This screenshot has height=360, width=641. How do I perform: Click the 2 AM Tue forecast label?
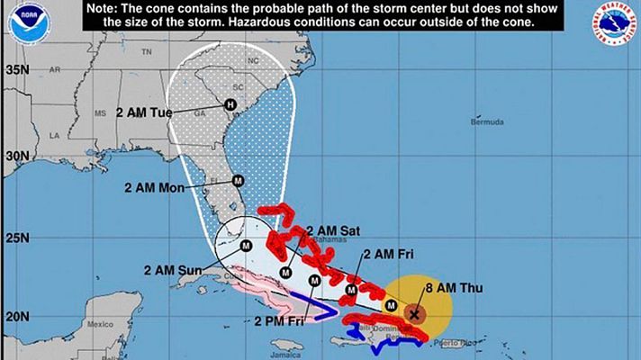[144, 113]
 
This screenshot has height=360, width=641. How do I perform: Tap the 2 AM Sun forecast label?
[171, 269]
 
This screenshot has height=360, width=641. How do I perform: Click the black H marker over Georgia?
[230, 105]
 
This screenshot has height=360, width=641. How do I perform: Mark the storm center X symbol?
[414, 314]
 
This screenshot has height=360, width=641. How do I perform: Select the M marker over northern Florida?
[238, 179]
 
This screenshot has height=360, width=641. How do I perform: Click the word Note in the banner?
[106, 7]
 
